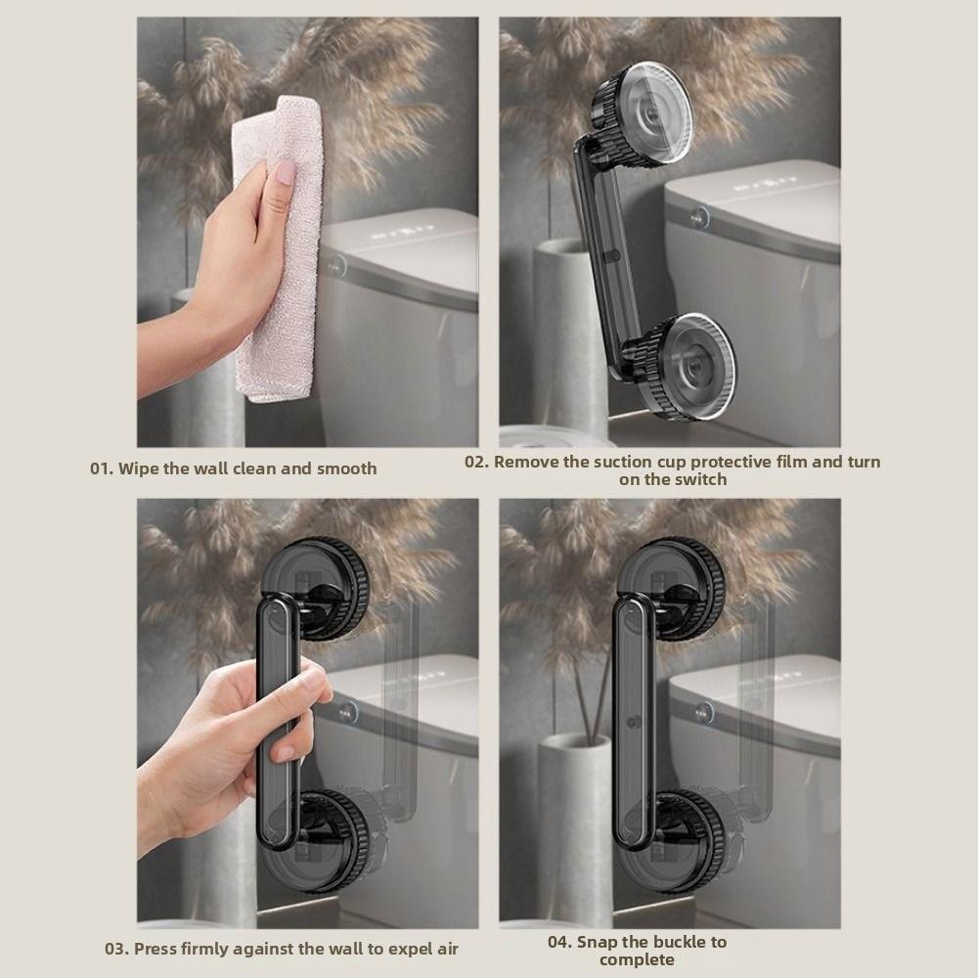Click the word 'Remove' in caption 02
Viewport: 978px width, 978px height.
tap(526, 462)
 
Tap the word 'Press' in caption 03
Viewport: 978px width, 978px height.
tap(156, 948)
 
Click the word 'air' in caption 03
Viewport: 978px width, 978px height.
tap(446, 948)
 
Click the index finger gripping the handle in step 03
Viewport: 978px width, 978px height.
tap(293, 685)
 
